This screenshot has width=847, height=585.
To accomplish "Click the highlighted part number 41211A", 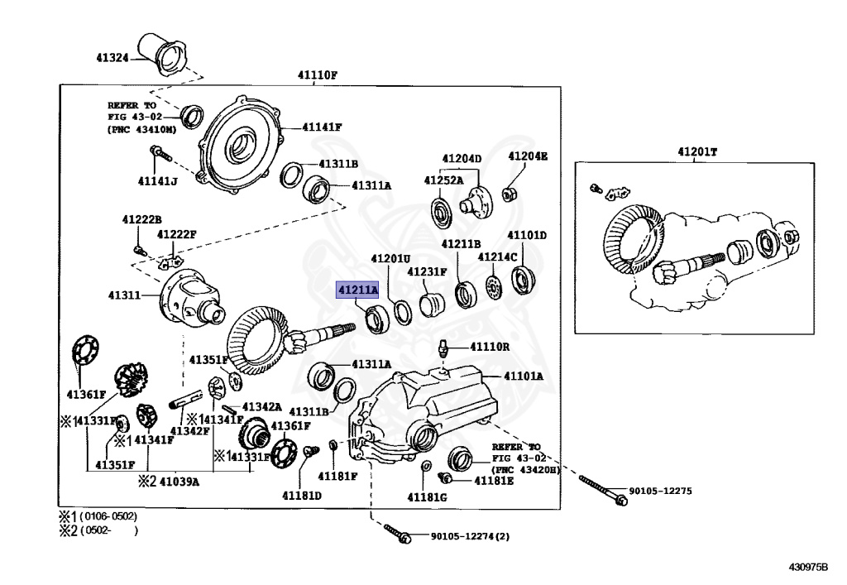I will [357, 290].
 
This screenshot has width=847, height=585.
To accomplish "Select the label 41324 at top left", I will [111, 58].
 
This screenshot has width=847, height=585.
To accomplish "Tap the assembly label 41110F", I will [318, 75].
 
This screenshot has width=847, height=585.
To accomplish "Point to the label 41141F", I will [322, 127].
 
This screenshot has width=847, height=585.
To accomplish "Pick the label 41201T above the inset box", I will [697, 152].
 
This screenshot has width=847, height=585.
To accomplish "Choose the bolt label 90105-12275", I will [660, 491].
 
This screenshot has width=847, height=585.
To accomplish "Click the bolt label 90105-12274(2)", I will [470, 535].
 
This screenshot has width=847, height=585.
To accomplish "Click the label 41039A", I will [179, 481].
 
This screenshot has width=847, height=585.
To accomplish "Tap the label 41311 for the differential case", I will [124, 295].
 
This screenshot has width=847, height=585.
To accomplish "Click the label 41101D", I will [527, 235].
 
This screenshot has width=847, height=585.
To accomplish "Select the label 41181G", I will [427, 496].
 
